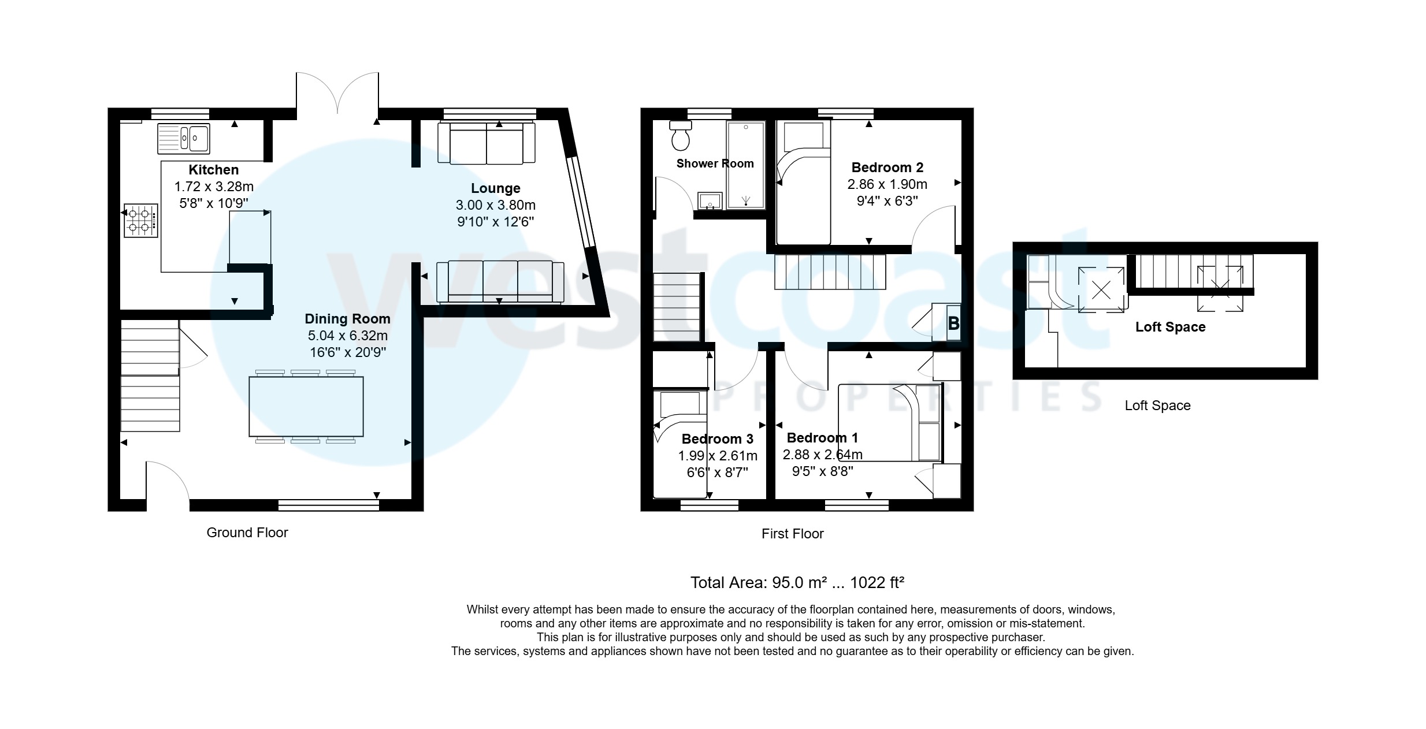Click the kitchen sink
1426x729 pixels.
184,139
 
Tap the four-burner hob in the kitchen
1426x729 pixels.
140,220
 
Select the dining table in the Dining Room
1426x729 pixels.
306,406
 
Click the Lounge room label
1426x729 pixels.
495,188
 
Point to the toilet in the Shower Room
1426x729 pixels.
680,135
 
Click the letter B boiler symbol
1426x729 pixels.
953,323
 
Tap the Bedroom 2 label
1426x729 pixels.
887,168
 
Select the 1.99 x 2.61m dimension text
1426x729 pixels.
717,456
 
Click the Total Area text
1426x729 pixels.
797,582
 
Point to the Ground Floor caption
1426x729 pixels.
247,533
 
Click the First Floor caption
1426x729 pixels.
792,534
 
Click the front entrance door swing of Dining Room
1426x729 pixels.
168,479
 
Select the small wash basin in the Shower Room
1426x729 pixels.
710,202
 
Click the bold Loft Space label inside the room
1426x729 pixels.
1170,327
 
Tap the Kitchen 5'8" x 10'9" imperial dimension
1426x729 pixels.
214,203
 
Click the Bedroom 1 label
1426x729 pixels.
822,438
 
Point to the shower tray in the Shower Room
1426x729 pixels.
745,165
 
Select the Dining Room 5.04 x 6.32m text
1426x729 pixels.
347,336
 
